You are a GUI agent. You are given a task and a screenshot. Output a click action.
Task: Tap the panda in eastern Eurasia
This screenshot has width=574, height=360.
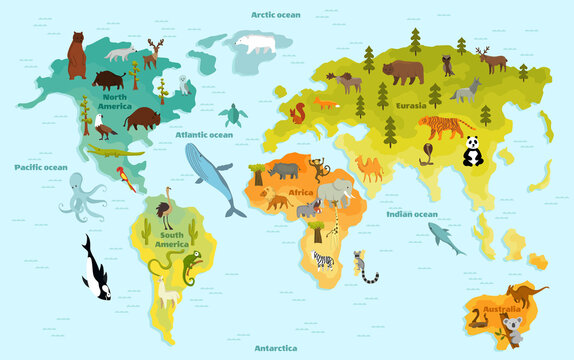point(472,152)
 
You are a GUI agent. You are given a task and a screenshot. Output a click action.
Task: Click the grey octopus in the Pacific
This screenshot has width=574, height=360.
point(80,194)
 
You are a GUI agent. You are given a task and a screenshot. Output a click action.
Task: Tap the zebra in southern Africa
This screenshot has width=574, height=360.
point(324,260)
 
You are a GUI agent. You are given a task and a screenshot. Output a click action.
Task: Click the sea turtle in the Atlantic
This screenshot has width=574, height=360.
point(233,114)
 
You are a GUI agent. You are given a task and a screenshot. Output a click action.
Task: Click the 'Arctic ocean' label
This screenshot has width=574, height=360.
point(275,15)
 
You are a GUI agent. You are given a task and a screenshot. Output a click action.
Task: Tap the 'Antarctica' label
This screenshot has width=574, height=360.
point(275,348)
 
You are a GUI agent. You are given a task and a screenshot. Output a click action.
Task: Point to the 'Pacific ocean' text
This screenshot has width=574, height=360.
point(41,167)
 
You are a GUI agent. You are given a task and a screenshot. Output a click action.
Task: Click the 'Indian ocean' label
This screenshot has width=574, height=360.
point(411,213)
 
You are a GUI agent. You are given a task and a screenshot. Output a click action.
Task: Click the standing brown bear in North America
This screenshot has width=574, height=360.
point(77,55)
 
